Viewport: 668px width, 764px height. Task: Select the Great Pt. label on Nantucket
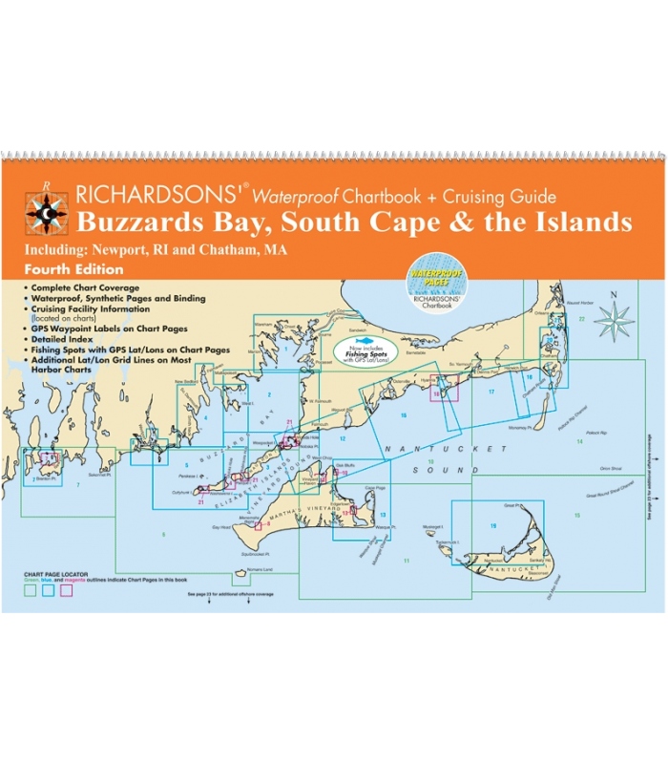tap(510, 507)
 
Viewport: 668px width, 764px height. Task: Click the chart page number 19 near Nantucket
tap(493, 526)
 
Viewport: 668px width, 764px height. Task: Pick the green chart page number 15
tap(576, 516)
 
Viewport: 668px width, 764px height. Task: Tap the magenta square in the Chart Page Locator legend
tap(67, 590)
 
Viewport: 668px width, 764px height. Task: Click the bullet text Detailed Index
tap(67, 340)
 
